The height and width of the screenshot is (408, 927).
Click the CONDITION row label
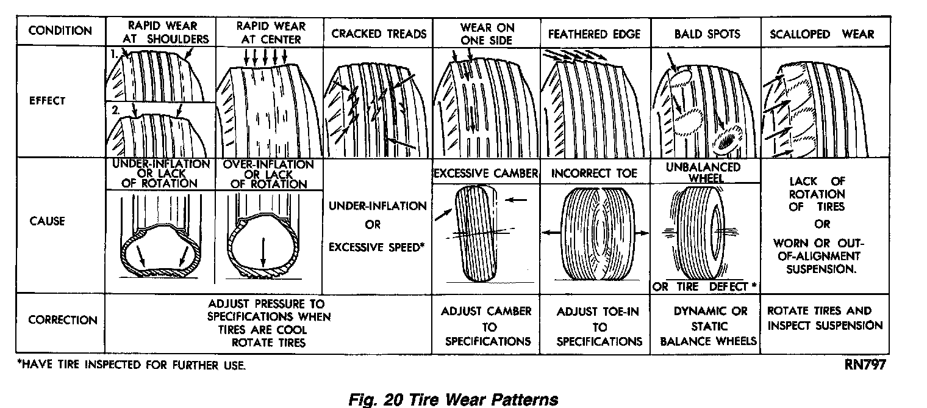click(60, 31)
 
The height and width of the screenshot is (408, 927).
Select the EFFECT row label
click(47, 101)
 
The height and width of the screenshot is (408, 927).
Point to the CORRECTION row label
click(63, 320)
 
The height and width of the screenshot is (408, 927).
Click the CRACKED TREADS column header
click(379, 34)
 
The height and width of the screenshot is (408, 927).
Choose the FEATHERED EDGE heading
click(594, 34)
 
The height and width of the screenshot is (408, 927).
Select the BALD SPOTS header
click(707, 34)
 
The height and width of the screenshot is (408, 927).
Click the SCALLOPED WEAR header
click(821, 34)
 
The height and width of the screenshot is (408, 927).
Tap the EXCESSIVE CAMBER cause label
click(485, 173)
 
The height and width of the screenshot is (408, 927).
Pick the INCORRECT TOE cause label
click(595, 173)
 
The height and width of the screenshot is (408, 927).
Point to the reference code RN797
click(865, 366)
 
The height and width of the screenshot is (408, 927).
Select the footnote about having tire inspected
click(132, 366)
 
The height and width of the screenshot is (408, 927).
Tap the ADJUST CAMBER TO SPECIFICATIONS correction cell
click(485, 326)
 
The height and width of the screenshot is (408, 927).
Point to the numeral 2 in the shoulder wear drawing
click(113, 111)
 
